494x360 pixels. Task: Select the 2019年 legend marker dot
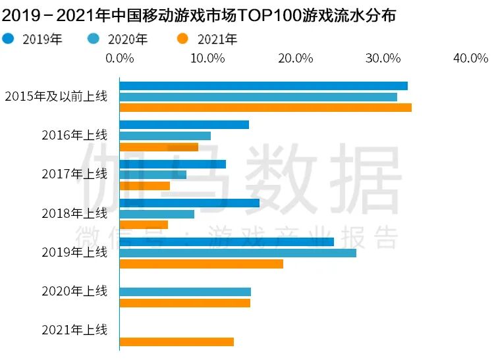tap(9, 39)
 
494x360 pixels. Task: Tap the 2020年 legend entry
tap(118, 39)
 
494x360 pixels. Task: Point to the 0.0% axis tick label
tap(120, 59)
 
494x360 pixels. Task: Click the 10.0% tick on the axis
tap(207, 59)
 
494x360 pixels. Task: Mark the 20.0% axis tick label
tap(295, 59)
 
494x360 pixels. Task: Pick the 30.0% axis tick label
tap(383, 59)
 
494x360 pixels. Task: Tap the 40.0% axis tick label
tap(470, 59)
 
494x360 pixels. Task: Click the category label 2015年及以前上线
tap(55, 96)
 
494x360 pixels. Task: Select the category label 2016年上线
tap(74, 136)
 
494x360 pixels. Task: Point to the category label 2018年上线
tap(74, 213)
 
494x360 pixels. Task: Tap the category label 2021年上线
tap(74, 330)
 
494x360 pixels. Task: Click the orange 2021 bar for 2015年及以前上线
tap(265, 107)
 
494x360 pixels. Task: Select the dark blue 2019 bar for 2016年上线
tap(184, 124)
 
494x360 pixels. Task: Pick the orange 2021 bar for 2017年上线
tap(145, 186)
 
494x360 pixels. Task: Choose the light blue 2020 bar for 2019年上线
tap(238, 253)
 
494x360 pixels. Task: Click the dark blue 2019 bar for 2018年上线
tap(190, 203)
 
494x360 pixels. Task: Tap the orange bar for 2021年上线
tap(177, 342)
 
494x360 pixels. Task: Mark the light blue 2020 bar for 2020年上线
tap(185, 292)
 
